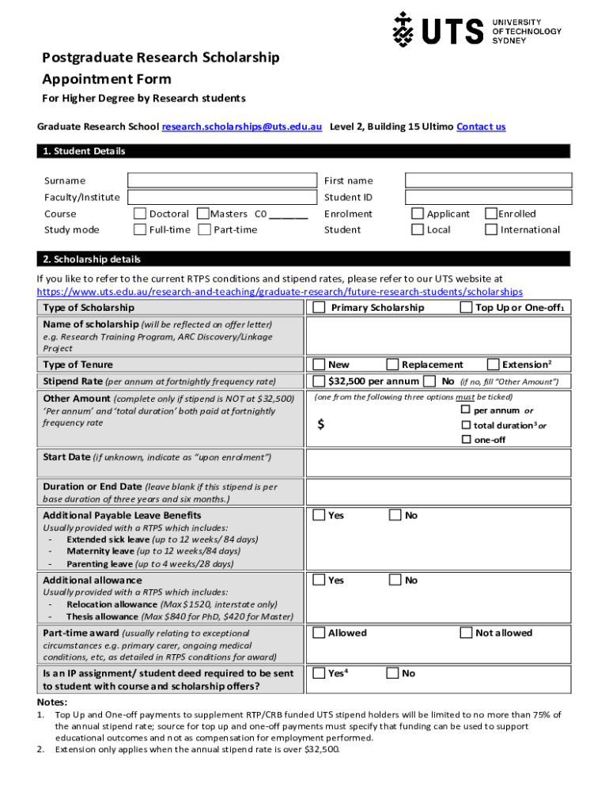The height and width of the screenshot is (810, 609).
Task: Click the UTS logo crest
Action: [x=403, y=30]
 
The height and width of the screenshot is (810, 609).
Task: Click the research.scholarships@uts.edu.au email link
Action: [x=241, y=127]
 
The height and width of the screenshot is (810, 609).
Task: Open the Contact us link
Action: [x=481, y=127]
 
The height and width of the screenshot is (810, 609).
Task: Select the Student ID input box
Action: [x=487, y=197]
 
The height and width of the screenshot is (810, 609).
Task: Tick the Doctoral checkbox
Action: [x=140, y=214]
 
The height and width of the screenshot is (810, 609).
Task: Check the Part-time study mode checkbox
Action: [x=204, y=230]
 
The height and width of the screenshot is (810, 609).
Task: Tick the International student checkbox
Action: [x=491, y=230]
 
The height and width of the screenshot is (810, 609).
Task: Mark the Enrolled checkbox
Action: [x=491, y=214]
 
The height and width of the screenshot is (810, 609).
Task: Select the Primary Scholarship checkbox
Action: [x=319, y=308]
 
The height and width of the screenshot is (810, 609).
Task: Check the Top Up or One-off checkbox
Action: [x=466, y=308]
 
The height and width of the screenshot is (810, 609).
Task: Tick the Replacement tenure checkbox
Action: [x=392, y=365]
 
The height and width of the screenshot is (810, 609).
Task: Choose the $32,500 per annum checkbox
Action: [x=319, y=381]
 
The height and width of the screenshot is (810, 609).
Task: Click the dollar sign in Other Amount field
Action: [x=320, y=425]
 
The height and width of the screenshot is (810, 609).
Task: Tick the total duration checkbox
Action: [x=466, y=425]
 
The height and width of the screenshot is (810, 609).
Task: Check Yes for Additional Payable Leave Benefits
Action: [x=319, y=516]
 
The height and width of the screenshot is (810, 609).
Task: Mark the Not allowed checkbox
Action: [x=466, y=633]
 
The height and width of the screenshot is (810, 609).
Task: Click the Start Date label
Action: [x=66, y=457]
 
